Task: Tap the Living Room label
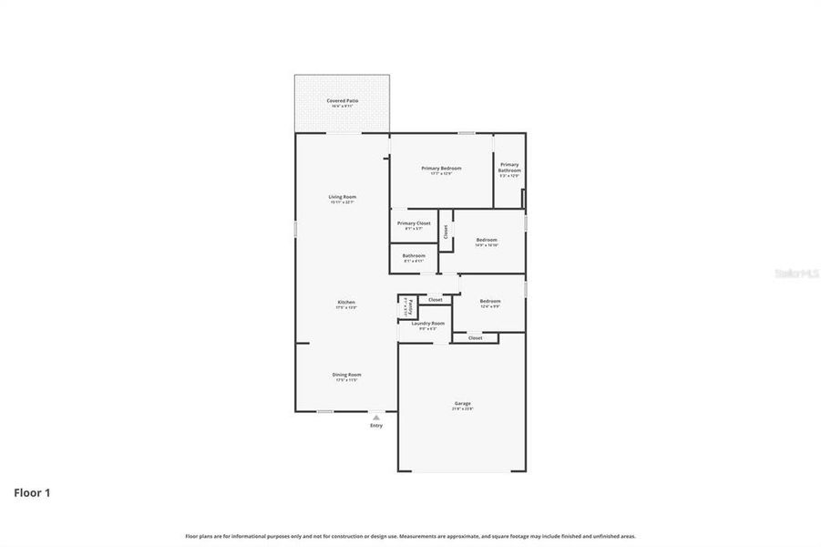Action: pyautogui.click(x=342, y=197)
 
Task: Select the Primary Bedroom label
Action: pyautogui.click(x=441, y=169)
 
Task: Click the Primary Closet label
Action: pyautogui.click(x=414, y=223)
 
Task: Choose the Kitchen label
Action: pyautogui.click(x=346, y=302)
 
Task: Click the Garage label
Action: pyautogui.click(x=463, y=403)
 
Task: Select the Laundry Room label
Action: pyautogui.click(x=427, y=324)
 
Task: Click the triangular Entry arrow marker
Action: pyautogui.click(x=376, y=418)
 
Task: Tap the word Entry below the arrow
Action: pyautogui.click(x=376, y=426)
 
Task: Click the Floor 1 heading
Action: pyautogui.click(x=32, y=493)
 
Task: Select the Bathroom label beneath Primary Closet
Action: pyautogui.click(x=414, y=256)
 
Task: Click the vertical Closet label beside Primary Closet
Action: pyautogui.click(x=446, y=232)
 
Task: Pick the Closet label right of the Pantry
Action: pyautogui.click(x=436, y=299)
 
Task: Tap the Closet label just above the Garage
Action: pyautogui.click(x=476, y=338)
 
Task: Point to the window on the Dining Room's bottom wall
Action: pyautogui.click(x=324, y=411)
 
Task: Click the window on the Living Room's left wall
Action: pyautogui.click(x=295, y=229)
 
